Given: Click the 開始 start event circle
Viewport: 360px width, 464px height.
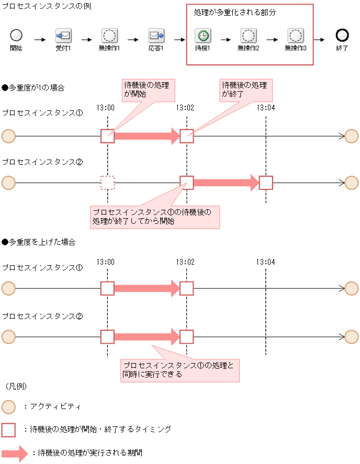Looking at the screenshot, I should pos(16,35).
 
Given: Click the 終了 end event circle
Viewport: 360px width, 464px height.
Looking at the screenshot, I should pos(342,35).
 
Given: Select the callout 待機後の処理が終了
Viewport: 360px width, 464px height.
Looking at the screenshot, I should pos(244,89).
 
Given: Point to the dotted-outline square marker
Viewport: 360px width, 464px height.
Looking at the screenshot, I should pos(107,183).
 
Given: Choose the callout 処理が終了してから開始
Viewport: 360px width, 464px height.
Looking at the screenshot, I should pos(155,217).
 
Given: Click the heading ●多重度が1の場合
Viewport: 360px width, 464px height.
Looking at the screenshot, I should pos(33,87).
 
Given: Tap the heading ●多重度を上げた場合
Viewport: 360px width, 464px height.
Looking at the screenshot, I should pos(39,242).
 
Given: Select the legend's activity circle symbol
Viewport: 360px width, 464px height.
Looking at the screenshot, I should pos(8,406).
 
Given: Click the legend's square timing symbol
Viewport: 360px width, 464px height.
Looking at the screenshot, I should pos(8,429).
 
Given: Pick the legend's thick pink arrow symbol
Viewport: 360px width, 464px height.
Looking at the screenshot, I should pos(14,453).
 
